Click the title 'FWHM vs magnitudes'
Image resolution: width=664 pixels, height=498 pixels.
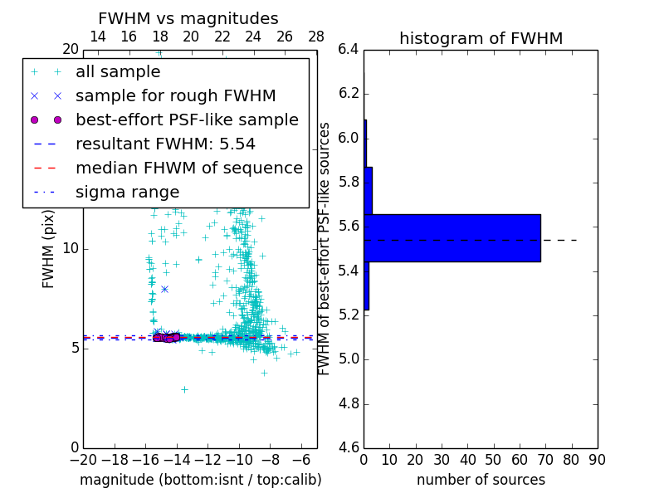click(x=188, y=19)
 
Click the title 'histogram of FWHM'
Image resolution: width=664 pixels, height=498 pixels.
click(x=481, y=38)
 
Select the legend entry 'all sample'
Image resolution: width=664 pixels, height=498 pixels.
click(x=118, y=72)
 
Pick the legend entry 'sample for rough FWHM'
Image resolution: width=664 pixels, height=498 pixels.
click(x=175, y=95)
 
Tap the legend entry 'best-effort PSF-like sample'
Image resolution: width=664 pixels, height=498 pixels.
click(x=187, y=120)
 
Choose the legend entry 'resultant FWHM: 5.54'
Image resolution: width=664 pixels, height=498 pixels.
click(x=165, y=144)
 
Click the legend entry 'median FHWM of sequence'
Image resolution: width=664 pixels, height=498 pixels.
click(x=188, y=168)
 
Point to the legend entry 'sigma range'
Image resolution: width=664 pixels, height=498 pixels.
click(x=127, y=192)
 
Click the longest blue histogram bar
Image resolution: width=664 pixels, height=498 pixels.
click(x=452, y=238)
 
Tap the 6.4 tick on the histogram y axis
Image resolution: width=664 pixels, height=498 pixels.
click(x=349, y=50)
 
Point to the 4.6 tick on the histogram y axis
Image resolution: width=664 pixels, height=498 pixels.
click(x=349, y=448)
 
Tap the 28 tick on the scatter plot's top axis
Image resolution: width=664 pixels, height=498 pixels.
click(x=316, y=37)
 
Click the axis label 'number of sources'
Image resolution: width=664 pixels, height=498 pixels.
click(x=481, y=480)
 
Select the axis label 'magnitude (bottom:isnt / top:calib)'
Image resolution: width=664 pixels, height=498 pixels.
click(x=200, y=480)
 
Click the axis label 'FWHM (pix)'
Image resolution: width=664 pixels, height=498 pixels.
click(x=49, y=248)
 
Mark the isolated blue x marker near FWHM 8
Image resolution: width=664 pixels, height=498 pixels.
click(x=164, y=289)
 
